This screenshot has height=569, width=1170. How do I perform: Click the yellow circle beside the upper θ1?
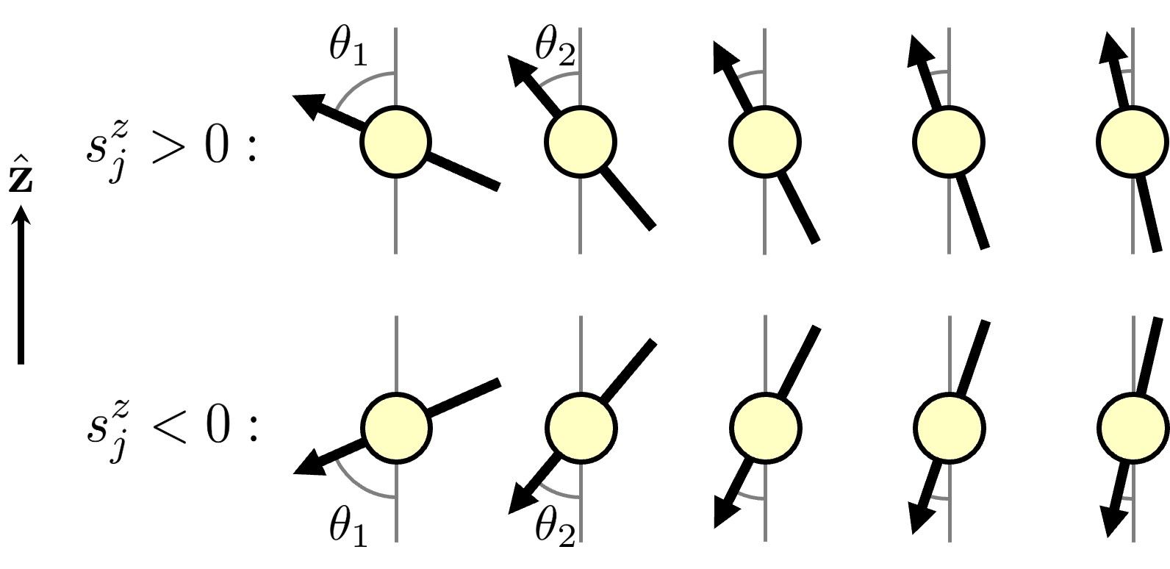pyautogui.click(x=395, y=142)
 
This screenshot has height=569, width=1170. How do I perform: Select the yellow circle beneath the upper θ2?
pyautogui.click(x=581, y=142)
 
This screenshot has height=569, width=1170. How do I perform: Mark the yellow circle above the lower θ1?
pyautogui.click(x=395, y=429)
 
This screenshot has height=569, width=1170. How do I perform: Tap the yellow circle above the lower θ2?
pyautogui.click(x=581, y=429)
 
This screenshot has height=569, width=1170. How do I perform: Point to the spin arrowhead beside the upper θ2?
pyautogui.click(x=521, y=68)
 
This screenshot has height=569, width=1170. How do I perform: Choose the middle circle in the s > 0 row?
pyautogui.click(x=765, y=142)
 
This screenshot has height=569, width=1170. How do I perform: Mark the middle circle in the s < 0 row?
pyautogui.click(x=765, y=429)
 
